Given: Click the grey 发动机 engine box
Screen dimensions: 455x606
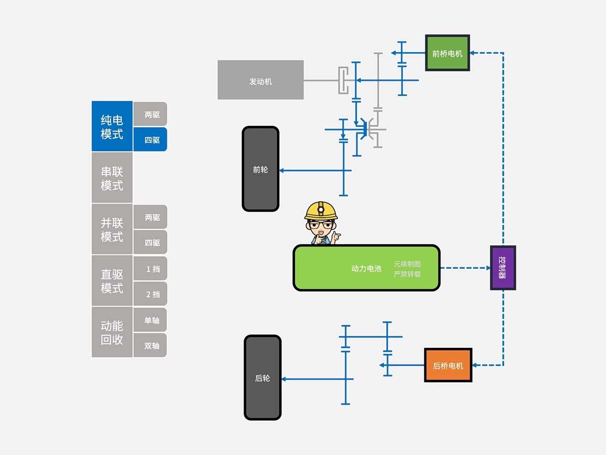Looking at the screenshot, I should point(260,80).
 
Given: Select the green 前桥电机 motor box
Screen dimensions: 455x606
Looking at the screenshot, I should point(447,53).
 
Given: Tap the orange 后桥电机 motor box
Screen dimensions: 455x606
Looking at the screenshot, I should point(448,366).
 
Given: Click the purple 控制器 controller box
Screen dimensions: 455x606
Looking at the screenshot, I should point(503,268).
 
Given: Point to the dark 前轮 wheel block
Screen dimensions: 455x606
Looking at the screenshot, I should point(260,169).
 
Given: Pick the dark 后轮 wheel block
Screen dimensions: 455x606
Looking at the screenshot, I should point(262,377).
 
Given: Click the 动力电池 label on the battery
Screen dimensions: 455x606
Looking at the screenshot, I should point(366,268).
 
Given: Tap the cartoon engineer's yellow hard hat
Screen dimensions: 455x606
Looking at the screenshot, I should point(321,210).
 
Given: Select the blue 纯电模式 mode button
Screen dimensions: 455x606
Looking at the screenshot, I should point(112,126).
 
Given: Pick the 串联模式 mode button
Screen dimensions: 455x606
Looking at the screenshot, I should point(112,178).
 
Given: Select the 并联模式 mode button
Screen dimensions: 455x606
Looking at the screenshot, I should point(112,230).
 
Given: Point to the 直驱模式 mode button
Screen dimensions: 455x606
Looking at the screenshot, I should point(112,281).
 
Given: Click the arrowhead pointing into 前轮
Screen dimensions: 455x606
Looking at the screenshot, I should point(281,170).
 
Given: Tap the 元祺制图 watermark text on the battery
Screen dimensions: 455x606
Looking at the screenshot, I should point(407,264).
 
